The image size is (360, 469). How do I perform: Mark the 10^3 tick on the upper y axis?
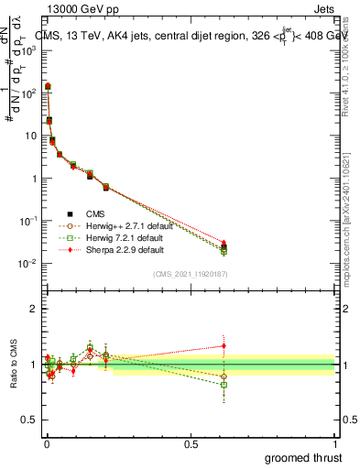[29, 51]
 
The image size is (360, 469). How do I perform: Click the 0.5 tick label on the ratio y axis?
[31, 420]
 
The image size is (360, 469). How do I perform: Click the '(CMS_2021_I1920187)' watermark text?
[190, 274]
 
